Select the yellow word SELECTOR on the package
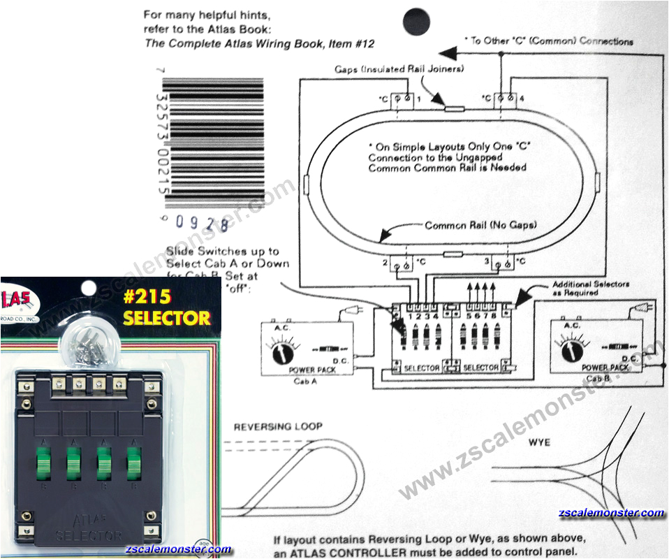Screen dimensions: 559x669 (x=166, y=319)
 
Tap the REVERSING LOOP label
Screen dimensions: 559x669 (x=278, y=426)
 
